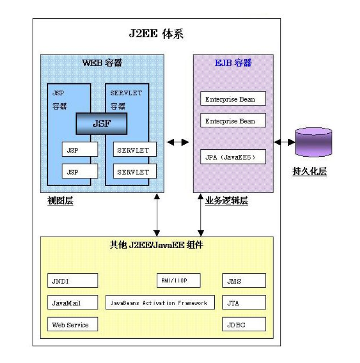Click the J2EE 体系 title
tap(156, 34)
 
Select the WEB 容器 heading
tap(102, 63)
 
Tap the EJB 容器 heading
tap(233, 63)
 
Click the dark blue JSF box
tap(102, 123)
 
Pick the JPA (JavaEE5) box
tap(234, 157)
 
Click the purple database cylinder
tap(314, 142)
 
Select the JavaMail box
tap(73, 302)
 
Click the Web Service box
tap(73, 324)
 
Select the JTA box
tap(244, 302)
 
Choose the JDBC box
tap(244, 324)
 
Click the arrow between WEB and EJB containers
tap(178, 142)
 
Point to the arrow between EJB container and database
tap(285, 142)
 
